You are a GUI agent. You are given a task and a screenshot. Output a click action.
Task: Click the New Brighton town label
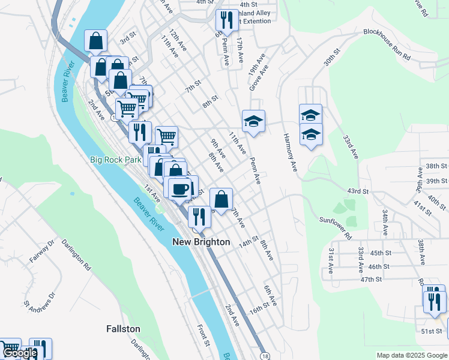tap(201, 242)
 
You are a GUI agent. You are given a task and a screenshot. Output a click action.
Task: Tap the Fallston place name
tap(123, 329)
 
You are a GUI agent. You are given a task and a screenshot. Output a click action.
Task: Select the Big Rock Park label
tap(115, 160)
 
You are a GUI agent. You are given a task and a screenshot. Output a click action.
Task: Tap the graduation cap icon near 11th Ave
tap(253, 122)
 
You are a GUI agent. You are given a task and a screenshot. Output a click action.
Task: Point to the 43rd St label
tap(357, 191)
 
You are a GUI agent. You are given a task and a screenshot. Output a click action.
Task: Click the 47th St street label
tap(371, 279)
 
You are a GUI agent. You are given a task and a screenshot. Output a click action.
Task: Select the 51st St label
tap(431, 331)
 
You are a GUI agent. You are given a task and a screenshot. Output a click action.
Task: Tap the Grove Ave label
tap(258, 81)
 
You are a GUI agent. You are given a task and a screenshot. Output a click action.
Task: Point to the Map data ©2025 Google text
tap(412, 355)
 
